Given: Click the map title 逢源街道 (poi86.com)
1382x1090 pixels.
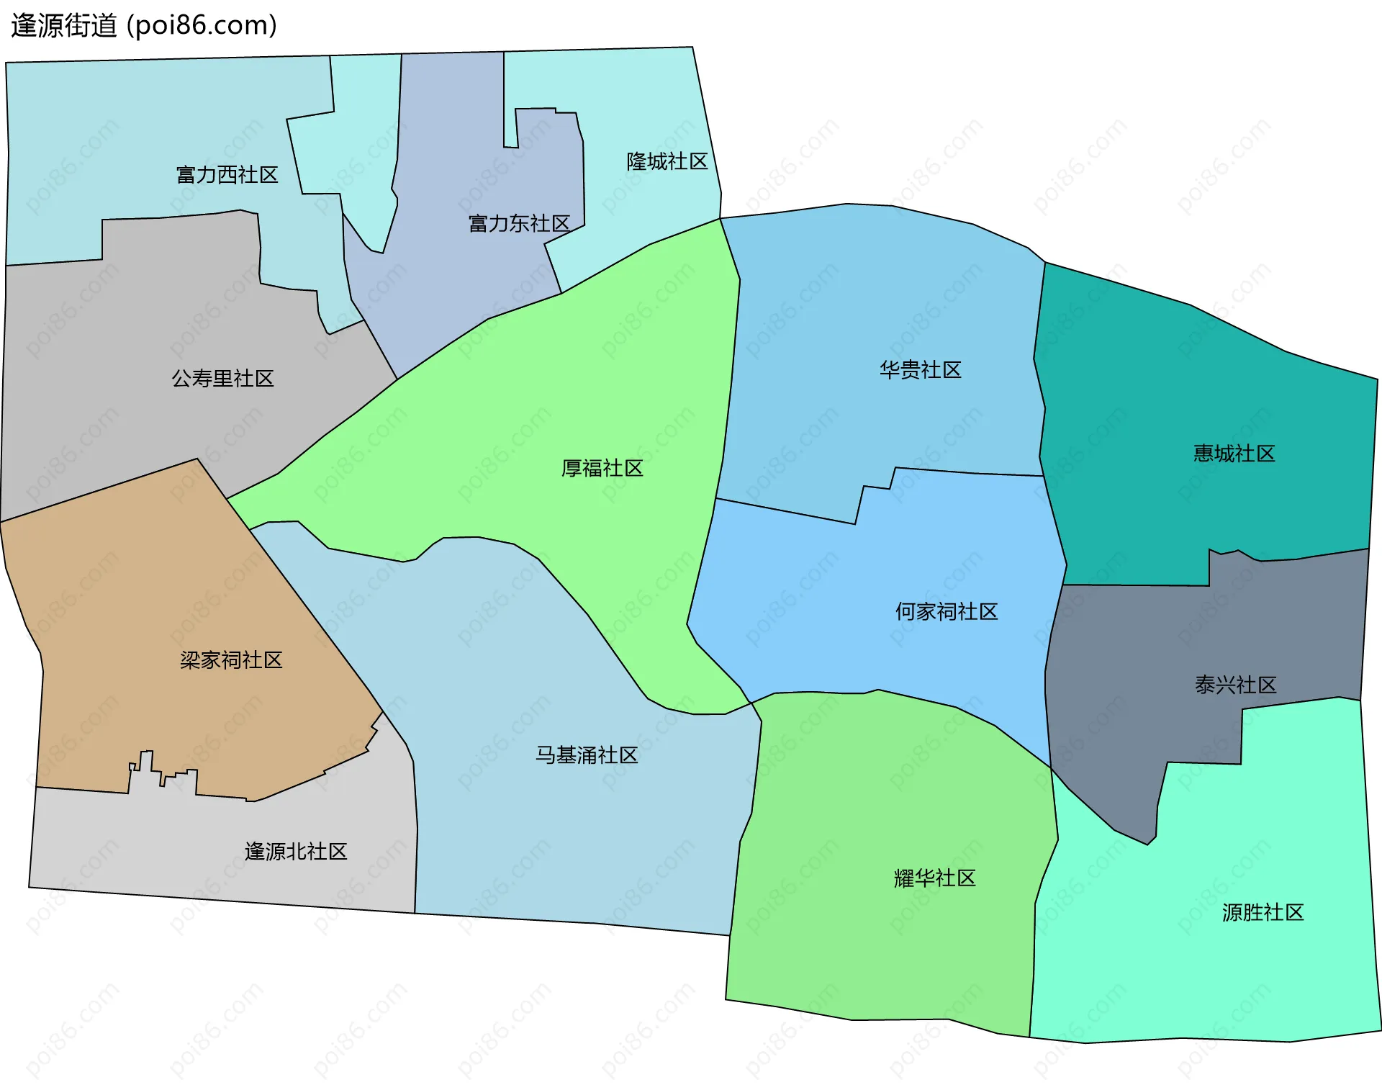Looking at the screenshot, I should pyautogui.click(x=144, y=26).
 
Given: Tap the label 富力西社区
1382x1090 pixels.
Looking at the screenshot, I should pyautogui.click(x=227, y=175).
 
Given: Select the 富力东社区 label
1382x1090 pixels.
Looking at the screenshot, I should pyautogui.click(x=519, y=224).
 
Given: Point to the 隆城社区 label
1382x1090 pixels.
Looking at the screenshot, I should pyautogui.click(x=667, y=161).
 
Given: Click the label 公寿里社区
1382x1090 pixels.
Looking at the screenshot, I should pyautogui.click(x=222, y=379).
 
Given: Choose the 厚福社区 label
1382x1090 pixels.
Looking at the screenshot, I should pyautogui.click(x=602, y=469).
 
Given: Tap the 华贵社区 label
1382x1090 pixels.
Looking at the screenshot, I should pyautogui.click(x=920, y=370).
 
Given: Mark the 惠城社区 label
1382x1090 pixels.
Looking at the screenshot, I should pyautogui.click(x=1234, y=454).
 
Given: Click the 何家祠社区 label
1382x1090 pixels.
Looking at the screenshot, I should pyautogui.click(x=946, y=612).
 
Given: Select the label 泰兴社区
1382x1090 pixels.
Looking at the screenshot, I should pyautogui.click(x=1235, y=685).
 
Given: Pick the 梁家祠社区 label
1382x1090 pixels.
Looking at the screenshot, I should pyautogui.click(x=231, y=660).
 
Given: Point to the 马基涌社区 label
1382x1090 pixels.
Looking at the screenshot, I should pyautogui.click(x=587, y=755).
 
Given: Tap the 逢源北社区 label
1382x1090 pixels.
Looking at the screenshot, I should pyautogui.click(x=296, y=852).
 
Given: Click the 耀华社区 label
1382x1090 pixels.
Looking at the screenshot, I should pyautogui.click(x=934, y=878).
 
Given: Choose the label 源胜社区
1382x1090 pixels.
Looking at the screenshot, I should pyautogui.click(x=1263, y=913).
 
